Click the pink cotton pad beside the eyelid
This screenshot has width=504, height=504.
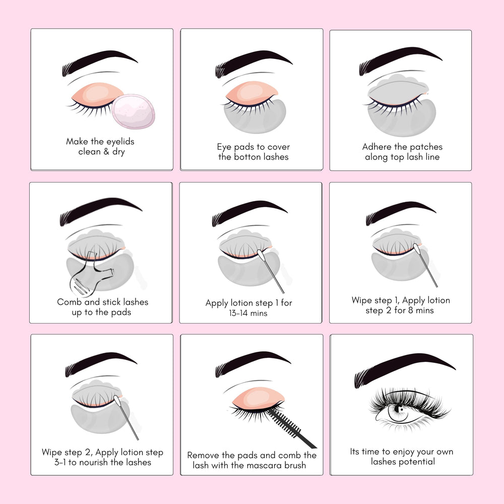(x=134, y=111)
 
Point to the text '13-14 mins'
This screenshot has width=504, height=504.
(x=248, y=313)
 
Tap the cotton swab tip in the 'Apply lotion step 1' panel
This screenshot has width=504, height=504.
(x=261, y=256)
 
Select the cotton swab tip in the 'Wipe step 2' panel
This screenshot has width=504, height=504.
(x=117, y=402)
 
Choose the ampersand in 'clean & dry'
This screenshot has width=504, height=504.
(x=106, y=151)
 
